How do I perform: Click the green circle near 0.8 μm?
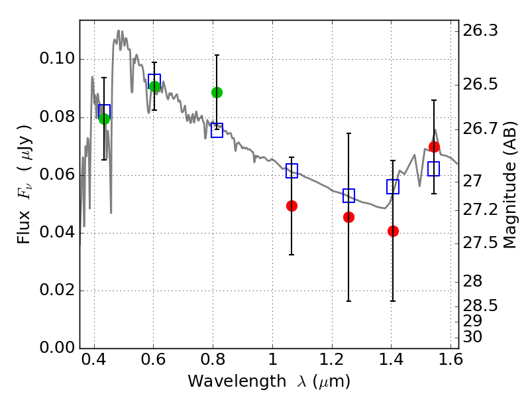(217, 92)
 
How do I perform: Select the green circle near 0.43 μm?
(105, 119)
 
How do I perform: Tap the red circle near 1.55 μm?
(434, 147)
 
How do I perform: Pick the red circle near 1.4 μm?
(393, 231)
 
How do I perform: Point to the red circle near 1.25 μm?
(349, 217)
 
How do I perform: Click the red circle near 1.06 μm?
(291, 206)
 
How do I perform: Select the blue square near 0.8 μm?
(217, 130)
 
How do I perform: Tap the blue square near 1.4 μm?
(393, 186)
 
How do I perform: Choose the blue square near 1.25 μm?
(349, 196)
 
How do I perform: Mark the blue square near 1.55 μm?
(434, 168)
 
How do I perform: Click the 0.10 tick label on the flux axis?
(57, 58)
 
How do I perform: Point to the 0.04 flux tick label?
(57, 233)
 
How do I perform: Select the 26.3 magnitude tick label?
(480, 31)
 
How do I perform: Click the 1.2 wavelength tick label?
(332, 360)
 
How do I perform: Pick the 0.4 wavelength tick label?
(94, 360)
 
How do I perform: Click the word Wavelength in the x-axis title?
(237, 381)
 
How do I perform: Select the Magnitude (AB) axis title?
(510, 185)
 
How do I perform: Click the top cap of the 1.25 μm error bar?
(349, 133)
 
